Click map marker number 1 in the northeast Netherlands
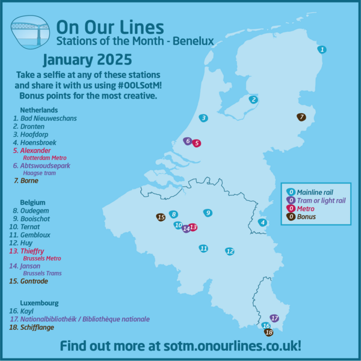[x=322, y=49]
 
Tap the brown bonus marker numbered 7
[x=301, y=117]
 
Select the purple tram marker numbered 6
[x=188, y=141]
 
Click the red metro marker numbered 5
[x=197, y=143]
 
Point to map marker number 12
[x=229, y=251]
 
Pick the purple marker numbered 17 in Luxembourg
[x=275, y=318]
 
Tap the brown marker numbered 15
[x=161, y=217]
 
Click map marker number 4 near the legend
[x=262, y=223]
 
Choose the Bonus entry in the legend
[x=307, y=217]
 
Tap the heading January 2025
[x=87, y=61]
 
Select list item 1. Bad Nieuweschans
[x=46, y=119]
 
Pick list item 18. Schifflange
[x=37, y=327]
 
